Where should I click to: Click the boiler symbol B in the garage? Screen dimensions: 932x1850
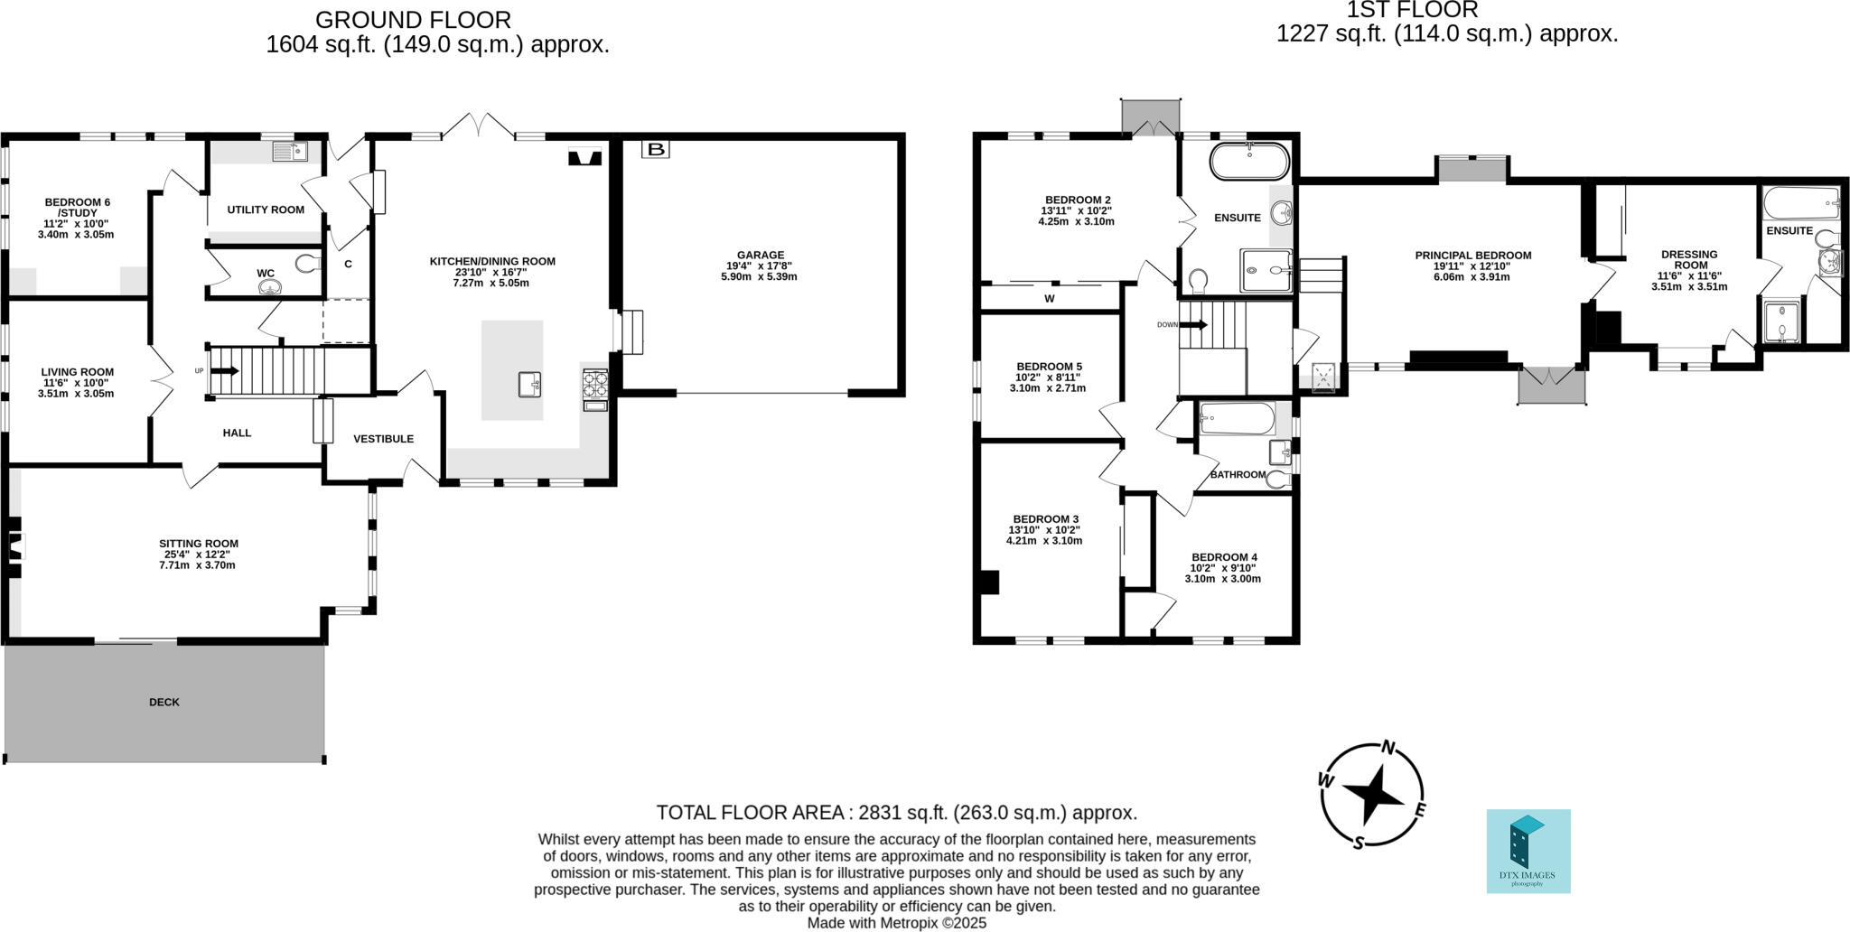pyautogui.click(x=656, y=149)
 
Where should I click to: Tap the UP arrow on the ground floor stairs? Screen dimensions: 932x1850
pyautogui.click(x=224, y=370)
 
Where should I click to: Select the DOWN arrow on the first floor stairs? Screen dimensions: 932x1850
pyautogui.click(x=1194, y=324)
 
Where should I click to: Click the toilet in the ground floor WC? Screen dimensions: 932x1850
pyautogui.click(x=308, y=264)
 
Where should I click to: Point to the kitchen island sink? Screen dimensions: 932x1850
pyautogui.click(x=530, y=385)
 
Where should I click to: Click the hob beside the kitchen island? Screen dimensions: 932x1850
pyautogui.click(x=595, y=384)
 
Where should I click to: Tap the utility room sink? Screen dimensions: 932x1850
pyautogui.click(x=290, y=152)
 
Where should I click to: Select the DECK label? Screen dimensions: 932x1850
pyautogui.click(x=164, y=702)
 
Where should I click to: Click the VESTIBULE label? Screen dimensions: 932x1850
pyautogui.click(x=383, y=439)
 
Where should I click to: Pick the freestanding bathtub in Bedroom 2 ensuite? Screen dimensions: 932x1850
pyautogui.click(x=1249, y=161)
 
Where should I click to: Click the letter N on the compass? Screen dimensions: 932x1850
pyautogui.click(x=1389, y=747)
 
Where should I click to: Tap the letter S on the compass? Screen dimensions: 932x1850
pyautogui.click(x=1358, y=843)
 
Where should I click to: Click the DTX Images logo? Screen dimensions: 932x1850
pyautogui.click(x=1528, y=851)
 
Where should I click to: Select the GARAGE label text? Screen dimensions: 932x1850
pyautogui.click(x=760, y=255)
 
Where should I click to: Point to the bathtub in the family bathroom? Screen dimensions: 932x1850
pyautogui.click(x=1236, y=419)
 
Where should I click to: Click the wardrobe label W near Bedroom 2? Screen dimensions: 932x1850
pyautogui.click(x=1049, y=298)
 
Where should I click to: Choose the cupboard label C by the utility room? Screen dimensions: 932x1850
pyautogui.click(x=348, y=265)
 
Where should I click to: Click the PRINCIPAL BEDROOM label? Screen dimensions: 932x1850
pyautogui.click(x=1472, y=256)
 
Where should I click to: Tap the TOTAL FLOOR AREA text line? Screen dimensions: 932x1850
pyautogui.click(x=896, y=812)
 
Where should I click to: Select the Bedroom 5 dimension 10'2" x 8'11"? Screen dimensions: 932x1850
pyautogui.click(x=1048, y=377)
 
